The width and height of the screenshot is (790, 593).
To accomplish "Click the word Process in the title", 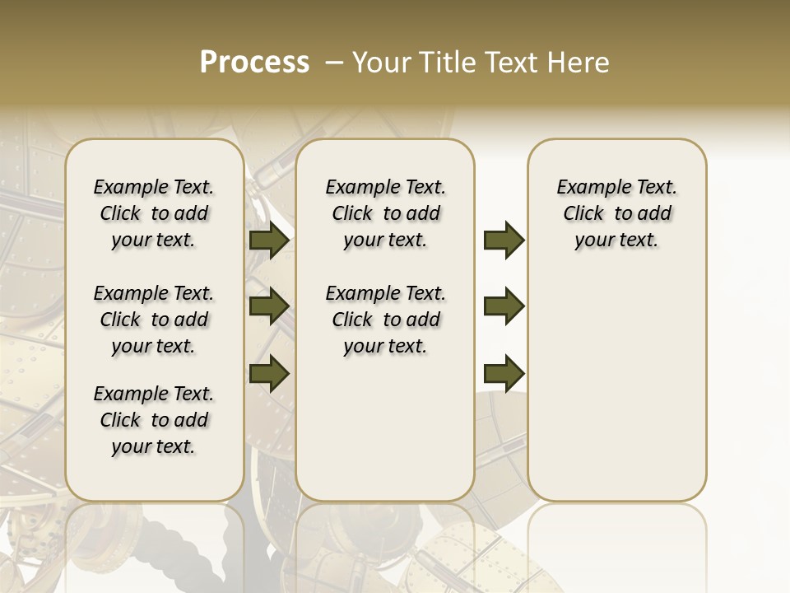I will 254,63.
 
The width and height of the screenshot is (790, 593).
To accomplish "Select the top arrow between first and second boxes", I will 269,240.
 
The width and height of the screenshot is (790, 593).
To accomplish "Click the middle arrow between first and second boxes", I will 269,306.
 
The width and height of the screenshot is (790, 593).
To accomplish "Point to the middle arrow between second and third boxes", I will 504,306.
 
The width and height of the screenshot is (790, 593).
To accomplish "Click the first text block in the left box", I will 154,213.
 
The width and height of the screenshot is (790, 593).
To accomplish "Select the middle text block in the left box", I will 154,320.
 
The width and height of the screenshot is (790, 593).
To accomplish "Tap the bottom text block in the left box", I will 154,420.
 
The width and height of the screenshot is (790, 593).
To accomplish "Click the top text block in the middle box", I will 385,213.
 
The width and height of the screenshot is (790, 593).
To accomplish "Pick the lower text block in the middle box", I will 385,320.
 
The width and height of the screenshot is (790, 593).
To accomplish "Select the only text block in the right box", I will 616,213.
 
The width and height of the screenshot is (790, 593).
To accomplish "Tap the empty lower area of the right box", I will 616,387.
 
